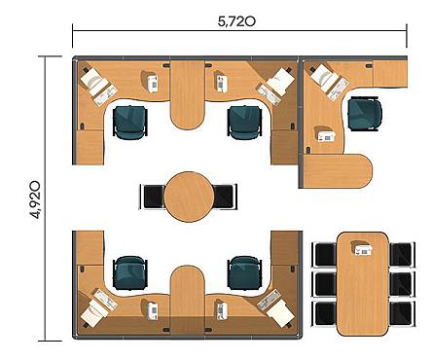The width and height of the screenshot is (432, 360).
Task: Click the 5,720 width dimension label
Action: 236,21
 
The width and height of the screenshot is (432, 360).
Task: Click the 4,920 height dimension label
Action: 35,199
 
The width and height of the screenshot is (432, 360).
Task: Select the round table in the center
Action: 189,197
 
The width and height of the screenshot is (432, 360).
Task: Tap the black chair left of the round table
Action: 153,197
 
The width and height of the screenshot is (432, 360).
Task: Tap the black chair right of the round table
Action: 225,197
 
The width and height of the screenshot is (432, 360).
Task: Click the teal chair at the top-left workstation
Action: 130,123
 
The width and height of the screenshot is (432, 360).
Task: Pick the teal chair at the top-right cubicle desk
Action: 365,114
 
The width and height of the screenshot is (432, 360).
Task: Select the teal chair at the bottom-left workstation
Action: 130,272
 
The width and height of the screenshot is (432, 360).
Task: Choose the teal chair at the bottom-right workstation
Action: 245,272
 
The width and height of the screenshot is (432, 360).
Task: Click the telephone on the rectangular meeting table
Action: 363,248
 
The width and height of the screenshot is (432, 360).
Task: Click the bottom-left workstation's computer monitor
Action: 92,312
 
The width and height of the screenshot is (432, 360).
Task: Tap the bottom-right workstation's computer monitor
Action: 281,312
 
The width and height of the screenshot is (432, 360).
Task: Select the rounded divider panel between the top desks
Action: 188,94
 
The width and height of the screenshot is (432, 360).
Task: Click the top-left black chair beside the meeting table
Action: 324,255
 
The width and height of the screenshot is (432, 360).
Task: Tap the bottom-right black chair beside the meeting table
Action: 402,313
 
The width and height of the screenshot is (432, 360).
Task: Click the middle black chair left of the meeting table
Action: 324,284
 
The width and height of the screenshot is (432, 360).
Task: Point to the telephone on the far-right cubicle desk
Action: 326,135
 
